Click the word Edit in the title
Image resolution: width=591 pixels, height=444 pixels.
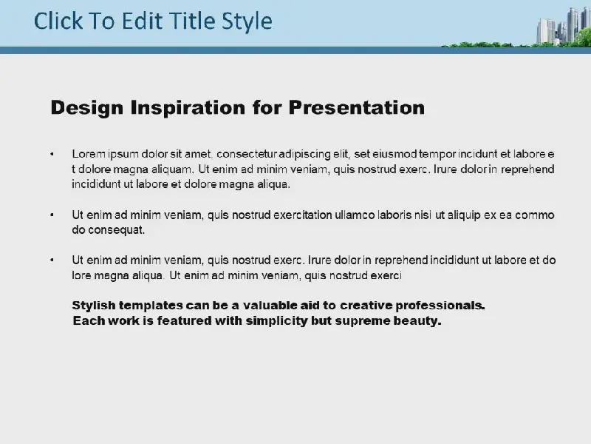point(142,21)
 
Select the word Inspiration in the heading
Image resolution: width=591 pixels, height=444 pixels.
point(188,108)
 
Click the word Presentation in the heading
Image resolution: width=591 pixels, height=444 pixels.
point(357,107)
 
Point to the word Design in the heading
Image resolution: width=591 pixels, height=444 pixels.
point(86,108)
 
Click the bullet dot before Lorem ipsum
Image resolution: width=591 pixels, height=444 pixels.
point(52,154)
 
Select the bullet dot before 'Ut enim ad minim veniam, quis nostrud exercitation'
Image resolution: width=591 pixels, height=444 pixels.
point(52,215)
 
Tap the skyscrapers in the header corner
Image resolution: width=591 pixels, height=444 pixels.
point(561,27)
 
